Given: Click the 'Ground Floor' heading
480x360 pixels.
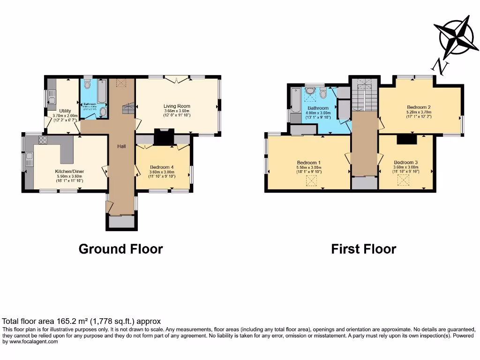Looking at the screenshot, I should (x=120, y=249).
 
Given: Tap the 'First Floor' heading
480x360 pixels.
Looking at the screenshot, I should (x=363, y=249).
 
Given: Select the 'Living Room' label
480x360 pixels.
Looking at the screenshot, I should (x=177, y=106).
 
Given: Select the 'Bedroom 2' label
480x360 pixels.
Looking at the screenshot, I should (x=419, y=107).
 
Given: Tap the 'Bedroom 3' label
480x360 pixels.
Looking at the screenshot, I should (x=405, y=162).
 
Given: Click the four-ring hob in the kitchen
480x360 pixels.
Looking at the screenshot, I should (x=43, y=140).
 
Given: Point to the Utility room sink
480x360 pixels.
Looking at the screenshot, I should (x=52, y=99).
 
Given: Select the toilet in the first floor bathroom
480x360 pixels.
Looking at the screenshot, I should (x=323, y=93).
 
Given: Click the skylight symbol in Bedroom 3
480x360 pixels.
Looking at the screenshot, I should (x=403, y=181).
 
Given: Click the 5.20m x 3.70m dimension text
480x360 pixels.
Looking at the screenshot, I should (x=419, y=112).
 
